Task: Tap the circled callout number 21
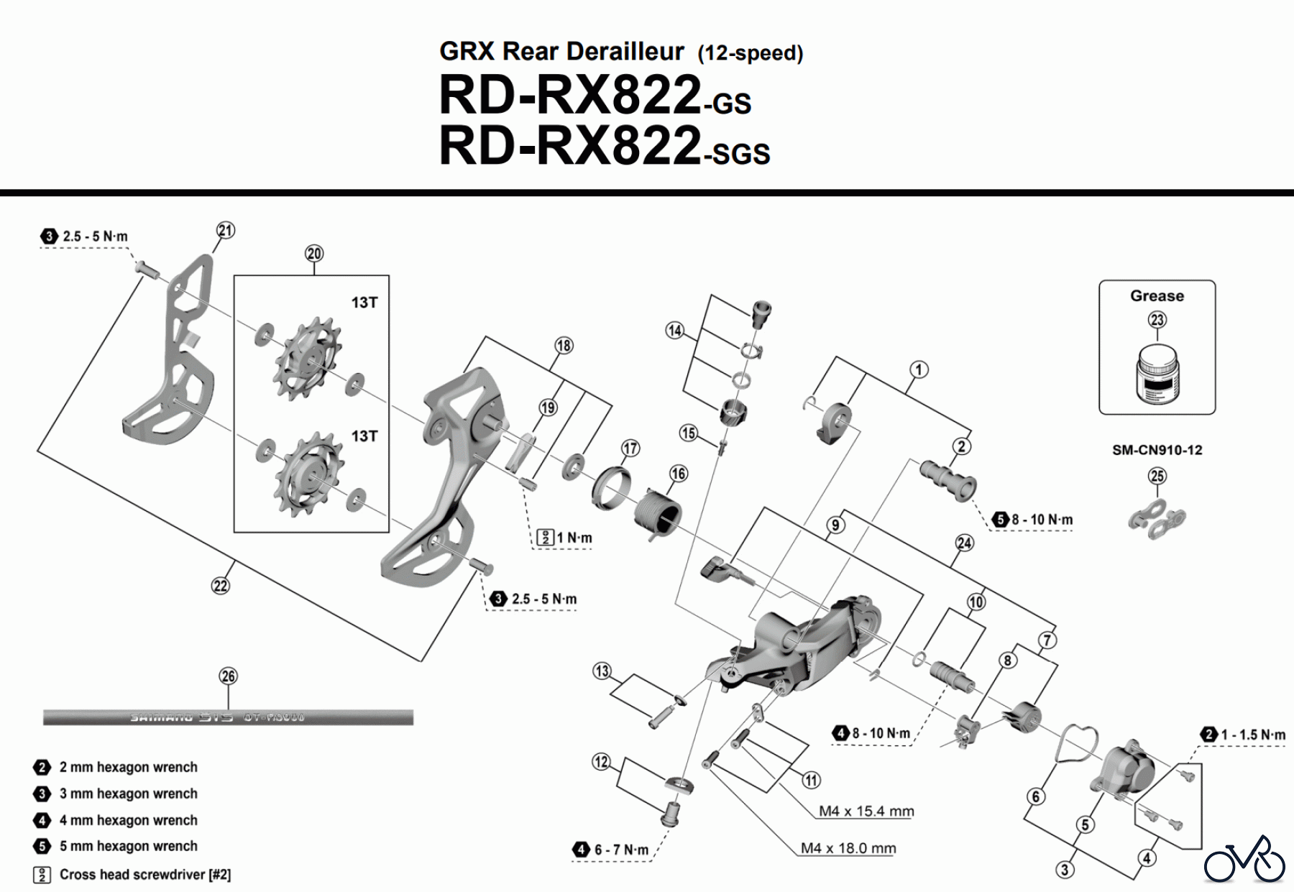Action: point(226,230)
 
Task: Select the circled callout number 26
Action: point(228,676)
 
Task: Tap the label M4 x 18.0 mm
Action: point(848,848)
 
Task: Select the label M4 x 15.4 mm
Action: point(866,811)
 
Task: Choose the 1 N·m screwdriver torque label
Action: point(574,538)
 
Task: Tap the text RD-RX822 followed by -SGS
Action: point(604,147)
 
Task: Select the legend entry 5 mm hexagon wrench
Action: point(128,846)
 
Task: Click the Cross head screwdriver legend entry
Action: point(144,874)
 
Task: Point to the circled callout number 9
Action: point(835,525)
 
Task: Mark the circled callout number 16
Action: point(678,474)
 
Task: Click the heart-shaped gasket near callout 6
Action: point(1075,741)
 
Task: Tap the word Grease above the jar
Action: point(1157,295)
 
